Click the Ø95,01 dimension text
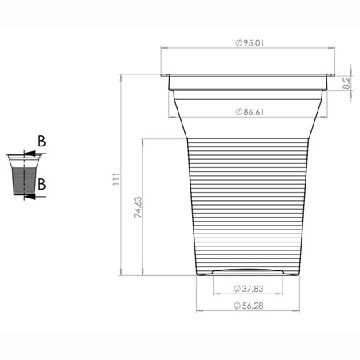coord(250,43)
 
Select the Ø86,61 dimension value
coord(250,112)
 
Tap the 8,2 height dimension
coord(346,83)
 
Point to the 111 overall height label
coord(116,179)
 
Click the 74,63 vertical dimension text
coord(138,207)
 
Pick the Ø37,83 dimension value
coord(249,289)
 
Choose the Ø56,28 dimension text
coord(249,306)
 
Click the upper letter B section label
coord(42,142)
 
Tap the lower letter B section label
coord(42,184)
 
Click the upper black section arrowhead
coord(30,154)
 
